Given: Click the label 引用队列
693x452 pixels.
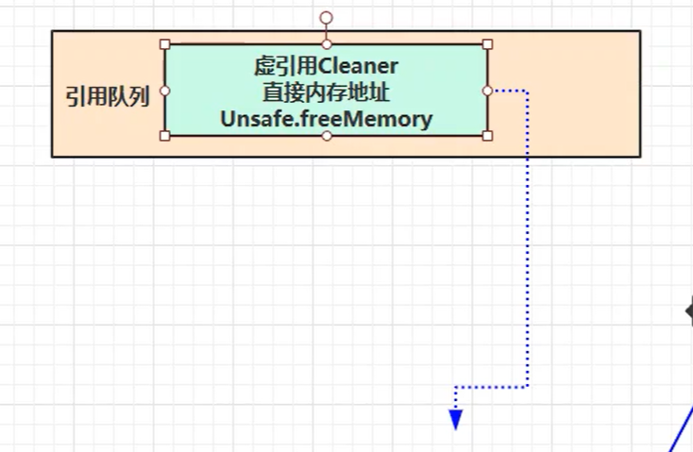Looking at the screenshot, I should pyautogui.click(x=107, y=96).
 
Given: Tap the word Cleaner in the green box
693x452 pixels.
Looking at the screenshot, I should pyautogui.click(x=359, y=66).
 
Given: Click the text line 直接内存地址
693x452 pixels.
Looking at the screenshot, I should pyautogui.click(x=326, y=92).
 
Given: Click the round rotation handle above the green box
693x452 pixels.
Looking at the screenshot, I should pyautogui.click(x=327, y=17).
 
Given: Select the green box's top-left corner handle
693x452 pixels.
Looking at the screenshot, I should pyautogui.click(x=165, y=44).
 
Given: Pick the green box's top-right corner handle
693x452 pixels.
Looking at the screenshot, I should pyautogui.click(x=487, y=44).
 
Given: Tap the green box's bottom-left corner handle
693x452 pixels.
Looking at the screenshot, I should pyautogui.click(x=165, y=136).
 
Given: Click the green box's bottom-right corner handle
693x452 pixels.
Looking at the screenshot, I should pyautogui.click(x=487, y=136).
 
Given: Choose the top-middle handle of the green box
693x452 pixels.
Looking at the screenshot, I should pyautogui.click(x=327, y=44).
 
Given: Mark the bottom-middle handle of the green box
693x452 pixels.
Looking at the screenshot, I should pyautogui.click(x=327, y=136).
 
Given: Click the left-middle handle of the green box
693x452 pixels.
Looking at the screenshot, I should pyautogui.click(x=165, y=91).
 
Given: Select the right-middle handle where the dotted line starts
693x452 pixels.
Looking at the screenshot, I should pyautogui.click(x=487, y=91).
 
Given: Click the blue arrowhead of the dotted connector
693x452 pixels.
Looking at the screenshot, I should pyautogui.click(x=455, y=421).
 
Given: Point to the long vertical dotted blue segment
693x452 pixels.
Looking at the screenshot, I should pyautogui.click(x=527, y=236).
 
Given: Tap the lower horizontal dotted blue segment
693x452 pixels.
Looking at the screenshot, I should pyautogui.click(x=491, y=386).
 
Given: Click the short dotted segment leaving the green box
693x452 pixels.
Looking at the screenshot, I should pyautogui.click(x=508, y=91).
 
